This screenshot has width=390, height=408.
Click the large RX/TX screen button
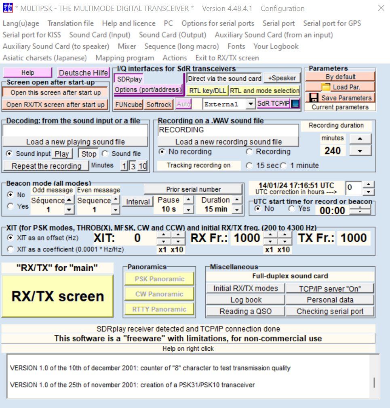(57, 296)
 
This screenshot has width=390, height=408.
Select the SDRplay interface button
(129, 79)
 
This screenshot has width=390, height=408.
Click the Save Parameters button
(340, 98)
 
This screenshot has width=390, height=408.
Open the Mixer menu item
(127, 46)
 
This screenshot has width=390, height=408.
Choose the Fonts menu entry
(236, 46)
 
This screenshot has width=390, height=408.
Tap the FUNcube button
(129, 105)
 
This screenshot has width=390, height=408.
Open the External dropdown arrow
(250, 104)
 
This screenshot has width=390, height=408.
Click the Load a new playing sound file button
(75, 142)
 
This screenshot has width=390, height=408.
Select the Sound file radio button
(105, 154)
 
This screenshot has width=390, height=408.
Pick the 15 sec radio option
(249, 165)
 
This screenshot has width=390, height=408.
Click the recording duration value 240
(333, 151)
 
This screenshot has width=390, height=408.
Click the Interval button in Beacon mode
(137, 202)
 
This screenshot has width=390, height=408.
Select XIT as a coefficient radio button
(11, 249)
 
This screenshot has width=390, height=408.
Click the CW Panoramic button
(159, 294)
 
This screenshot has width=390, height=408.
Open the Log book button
(245, 300)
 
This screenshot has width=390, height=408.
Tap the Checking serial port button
(330, 311)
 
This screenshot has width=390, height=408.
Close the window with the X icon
(381, 8)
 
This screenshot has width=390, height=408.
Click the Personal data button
(330, 300)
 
